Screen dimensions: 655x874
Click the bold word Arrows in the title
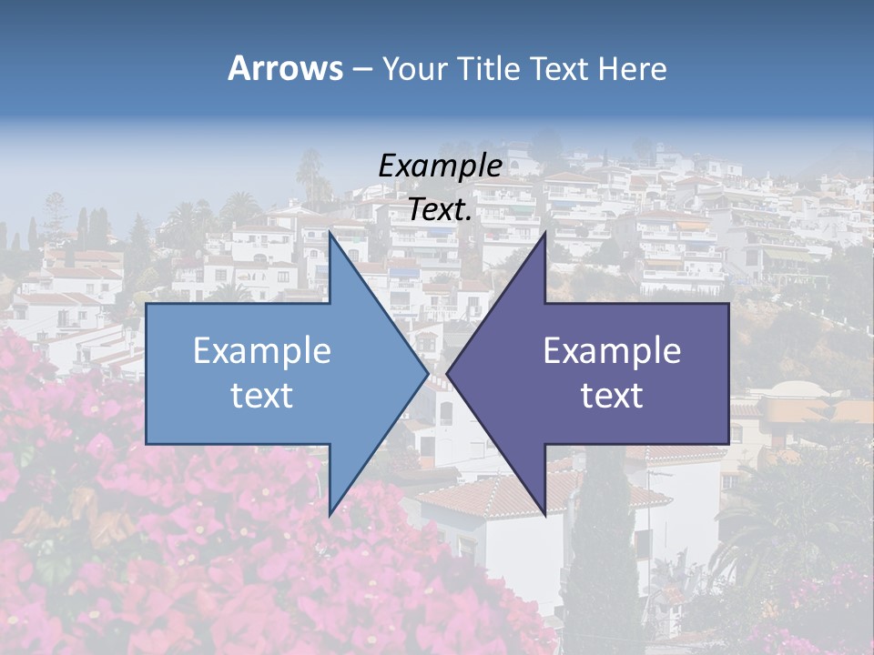click(x=285, y=68)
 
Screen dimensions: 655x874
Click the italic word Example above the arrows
click(x=440, y=166)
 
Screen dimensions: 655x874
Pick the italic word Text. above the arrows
click(x=440, y=209)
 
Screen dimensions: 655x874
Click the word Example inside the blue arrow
click(x=261, y=350)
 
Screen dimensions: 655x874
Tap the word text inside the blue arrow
click(x=261, y=395)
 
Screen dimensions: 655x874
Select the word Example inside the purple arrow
click(x=612, y=350)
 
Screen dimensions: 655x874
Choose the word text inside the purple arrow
click(x=612, y=395)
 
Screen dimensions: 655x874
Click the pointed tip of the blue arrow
click(x=427, y=373)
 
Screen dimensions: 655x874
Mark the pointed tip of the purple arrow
click(x=447, y=373)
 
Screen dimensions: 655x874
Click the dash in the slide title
click(x=362, y=69)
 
